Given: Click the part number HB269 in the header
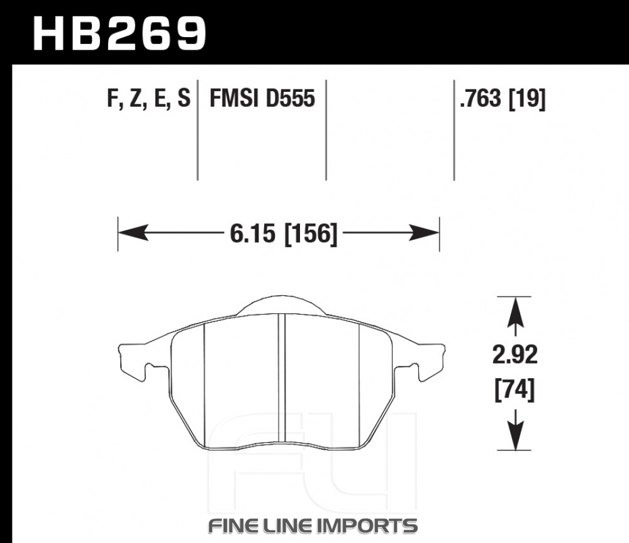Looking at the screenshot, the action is (x=120, y=34).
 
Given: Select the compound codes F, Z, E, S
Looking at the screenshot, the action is (x=149, y=98).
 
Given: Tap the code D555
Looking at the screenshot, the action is (x=291, y=98).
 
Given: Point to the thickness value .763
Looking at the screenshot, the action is (x=481, y=98).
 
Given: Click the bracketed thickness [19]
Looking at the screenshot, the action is (x=528, y=99).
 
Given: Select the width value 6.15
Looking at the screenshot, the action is (x=253, y=233).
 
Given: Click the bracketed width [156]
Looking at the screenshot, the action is (x=311, y=234).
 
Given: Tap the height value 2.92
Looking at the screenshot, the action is (x=515, y=355).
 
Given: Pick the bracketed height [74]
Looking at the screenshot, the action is (x=515, y=389).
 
